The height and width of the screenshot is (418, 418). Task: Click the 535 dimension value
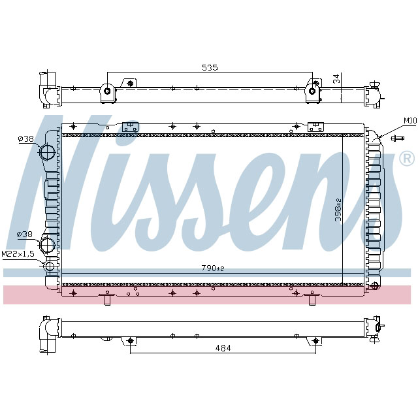(209, 67)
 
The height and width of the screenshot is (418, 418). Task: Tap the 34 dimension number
(336, 78)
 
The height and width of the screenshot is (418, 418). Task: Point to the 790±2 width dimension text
(212, 268)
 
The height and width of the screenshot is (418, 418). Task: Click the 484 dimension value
(223, 348)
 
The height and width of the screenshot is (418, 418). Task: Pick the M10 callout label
(410, 120)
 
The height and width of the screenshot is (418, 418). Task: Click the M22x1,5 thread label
(18, 253)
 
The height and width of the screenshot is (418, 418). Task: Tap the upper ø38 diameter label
(25, 138)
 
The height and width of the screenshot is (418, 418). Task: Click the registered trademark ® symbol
(406, 158)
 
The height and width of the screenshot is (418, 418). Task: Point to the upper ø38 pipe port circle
(48, 153)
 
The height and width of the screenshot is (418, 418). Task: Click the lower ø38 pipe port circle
(48, 246)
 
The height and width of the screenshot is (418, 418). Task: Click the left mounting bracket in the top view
(108, 91)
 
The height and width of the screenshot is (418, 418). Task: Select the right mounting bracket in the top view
(312, 91)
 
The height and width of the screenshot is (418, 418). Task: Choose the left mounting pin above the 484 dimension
(130, 340)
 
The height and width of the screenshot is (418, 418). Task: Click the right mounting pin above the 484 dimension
(316, 340)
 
